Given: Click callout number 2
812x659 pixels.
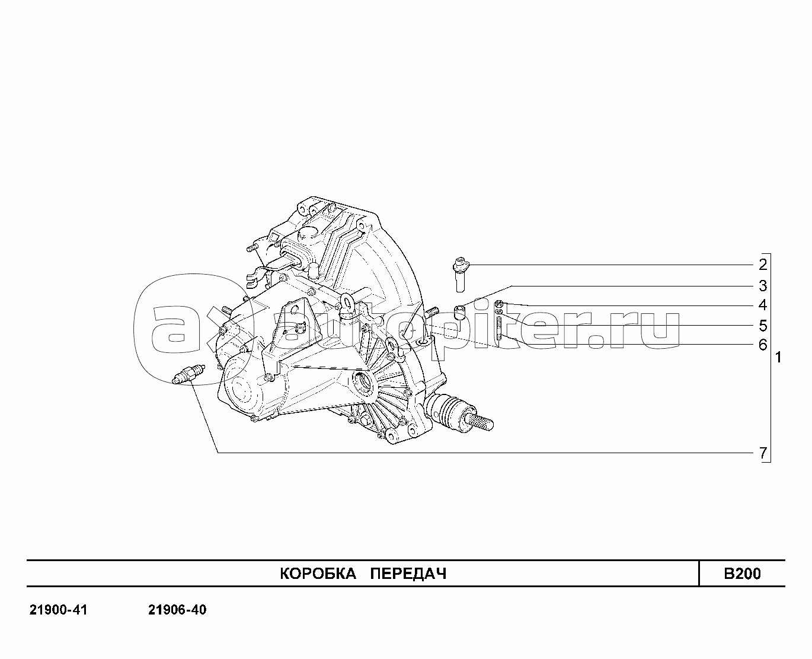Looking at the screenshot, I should pyautogui.click(x=763, y=265).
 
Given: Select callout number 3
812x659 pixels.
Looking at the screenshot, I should pyautogui.click(x=763, y=286).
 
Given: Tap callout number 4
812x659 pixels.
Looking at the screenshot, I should pyautogui.click(x=763, y=305).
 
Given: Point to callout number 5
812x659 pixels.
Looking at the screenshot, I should pyautogui.click(x=763, y=326).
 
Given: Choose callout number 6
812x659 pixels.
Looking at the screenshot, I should pyautogui.click(x=763, y=345).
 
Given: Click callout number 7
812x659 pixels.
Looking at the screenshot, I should pyautogui.click(x=763, y=453).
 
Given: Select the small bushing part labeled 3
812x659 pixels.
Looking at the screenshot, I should pyautogui.click(x=458, y=311).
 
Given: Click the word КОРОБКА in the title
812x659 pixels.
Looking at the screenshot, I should pyautogui.click(x=317, y=574).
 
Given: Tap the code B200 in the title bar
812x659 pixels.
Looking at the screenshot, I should pyautogui.click(x=741, y=574).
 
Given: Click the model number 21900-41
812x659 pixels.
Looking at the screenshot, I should pyautogui.click(x=58, y=610).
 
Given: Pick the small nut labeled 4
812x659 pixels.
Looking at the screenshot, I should pyautogui.click(x=500, y=304).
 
